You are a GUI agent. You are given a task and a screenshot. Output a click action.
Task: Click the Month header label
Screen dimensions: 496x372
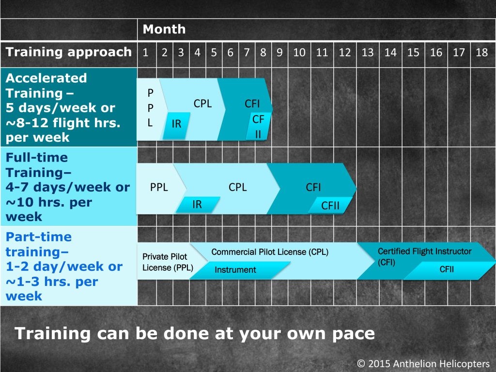click(x=164, y=30)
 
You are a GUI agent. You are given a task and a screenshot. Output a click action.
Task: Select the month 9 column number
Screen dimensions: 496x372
click(x=279, y=52)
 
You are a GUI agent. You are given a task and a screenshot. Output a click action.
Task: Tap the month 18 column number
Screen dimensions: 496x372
click(x=482, y=52)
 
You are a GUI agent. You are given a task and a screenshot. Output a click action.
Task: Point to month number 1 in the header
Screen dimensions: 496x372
click(x=145, y=52)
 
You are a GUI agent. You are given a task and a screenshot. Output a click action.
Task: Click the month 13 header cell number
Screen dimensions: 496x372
click(x=368, y=52)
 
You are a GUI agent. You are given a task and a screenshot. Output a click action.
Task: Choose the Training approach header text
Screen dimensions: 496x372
click(x=69, y=52)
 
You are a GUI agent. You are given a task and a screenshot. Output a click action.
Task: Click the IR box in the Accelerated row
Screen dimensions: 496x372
click(x=176, y=126)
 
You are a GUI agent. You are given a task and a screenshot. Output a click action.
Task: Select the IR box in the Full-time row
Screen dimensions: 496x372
click(x=198, y=204)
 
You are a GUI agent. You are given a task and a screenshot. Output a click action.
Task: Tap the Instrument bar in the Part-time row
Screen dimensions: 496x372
click(x=240, y=270)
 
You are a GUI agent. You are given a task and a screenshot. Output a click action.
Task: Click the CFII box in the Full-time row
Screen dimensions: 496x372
click(x=330, y=205)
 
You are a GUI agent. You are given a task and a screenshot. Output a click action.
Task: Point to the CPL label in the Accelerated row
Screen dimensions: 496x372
click(x=203, y=104)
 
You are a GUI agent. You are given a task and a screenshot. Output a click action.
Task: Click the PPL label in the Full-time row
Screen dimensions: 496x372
click(x=159, y=187)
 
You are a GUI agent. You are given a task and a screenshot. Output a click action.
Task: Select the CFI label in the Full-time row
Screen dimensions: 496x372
click(x=313, y=187)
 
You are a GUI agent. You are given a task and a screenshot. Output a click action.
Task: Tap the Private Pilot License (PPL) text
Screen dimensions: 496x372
click(x=168, y=262)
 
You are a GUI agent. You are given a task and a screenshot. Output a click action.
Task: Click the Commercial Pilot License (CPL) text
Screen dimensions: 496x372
click(x=270, y=252)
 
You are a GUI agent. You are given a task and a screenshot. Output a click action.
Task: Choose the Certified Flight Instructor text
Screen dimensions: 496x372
click(x=424, y=252)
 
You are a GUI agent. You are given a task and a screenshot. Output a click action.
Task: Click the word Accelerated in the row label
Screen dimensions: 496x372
click(x=46, y=78)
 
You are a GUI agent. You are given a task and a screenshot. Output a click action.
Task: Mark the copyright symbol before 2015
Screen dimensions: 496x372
click(x=361, y=364)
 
